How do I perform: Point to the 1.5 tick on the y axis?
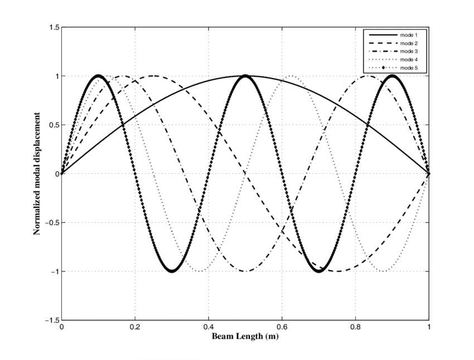[54, 27]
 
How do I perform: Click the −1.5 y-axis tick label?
[51, 320]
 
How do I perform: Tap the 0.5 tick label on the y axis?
[54, 125]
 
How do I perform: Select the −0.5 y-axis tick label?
[51, 223]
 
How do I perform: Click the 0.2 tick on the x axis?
[135, 328]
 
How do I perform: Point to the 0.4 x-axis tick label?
[209, 328]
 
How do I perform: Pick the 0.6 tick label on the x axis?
[282, 328]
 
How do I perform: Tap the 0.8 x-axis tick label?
[356, 328]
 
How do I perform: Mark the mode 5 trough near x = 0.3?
[172, 271]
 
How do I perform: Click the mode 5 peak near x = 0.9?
[393, 76]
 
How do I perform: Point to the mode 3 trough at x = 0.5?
[245, 271]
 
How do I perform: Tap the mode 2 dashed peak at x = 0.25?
[153, 76]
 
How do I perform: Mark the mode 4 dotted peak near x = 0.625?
[291, 76]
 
